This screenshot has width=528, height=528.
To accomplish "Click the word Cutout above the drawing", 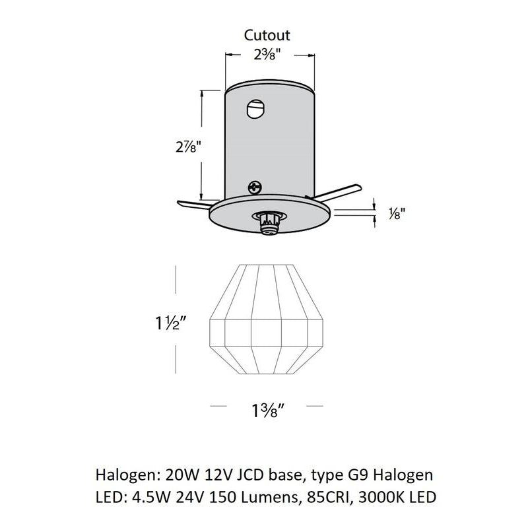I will [267, 35].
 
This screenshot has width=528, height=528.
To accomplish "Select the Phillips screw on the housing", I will [254, 187].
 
